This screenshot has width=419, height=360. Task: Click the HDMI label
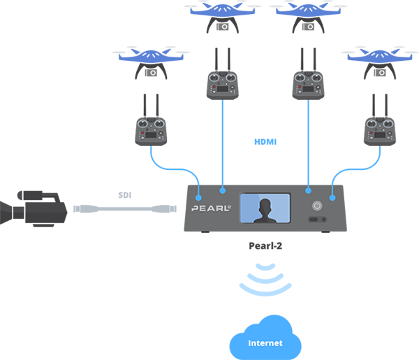click(265, 142)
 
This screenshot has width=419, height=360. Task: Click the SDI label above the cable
click(125, 195)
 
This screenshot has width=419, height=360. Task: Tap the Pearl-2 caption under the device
click(265, 245)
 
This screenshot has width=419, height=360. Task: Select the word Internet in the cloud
click(265, 343)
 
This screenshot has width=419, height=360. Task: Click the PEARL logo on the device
click(211, 208)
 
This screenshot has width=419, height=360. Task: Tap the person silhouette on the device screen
click(265, 211)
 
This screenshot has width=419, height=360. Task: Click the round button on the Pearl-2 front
click(317, 206)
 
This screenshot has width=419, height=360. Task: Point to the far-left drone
click(151, 63)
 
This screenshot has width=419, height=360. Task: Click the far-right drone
click(380, 63)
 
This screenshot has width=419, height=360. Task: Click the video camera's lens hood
click(6, 213)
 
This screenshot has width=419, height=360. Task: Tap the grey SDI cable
click(125, 208)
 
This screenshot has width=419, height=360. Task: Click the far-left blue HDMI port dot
click(198, 198)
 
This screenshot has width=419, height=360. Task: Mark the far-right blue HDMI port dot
click(332, 198)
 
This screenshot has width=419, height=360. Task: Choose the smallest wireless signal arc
click(265, 268)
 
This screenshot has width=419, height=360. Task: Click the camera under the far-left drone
click(151, 73)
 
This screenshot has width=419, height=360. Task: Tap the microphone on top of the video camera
click(30, 195)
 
